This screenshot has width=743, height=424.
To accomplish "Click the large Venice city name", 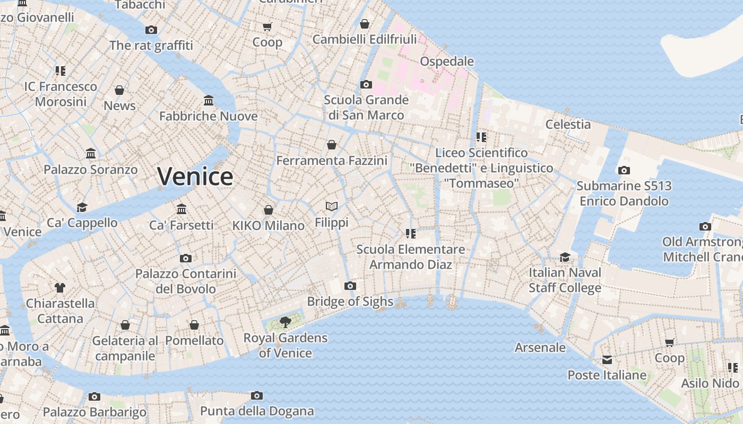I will [x=195, y=176].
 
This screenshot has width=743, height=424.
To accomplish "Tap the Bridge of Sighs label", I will [x=350, y=302].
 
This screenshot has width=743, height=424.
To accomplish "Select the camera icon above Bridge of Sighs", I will [x=350, y=286].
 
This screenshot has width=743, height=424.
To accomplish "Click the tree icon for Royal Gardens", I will [x=286, y=322].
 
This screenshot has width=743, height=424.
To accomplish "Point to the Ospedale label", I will [x=447, y=61].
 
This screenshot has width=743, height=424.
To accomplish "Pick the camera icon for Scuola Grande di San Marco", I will [x=366, y=85].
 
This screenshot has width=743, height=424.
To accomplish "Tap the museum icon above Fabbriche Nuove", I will [x=209, y=101].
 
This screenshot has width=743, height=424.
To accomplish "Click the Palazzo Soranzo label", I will [x=90, y=170].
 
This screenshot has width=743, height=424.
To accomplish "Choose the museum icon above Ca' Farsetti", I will [x=182, y=209].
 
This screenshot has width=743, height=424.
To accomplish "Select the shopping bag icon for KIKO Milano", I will [x=269, y=210].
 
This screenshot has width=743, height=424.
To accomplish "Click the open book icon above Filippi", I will [x=332, y=206].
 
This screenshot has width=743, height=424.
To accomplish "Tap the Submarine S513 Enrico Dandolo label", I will [x=624, y=193].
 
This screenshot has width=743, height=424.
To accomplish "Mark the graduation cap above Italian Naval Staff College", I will [x=565, y=258].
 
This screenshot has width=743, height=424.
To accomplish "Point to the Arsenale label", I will [x=540, y=348].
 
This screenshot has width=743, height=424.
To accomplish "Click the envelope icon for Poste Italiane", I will [x=607, y=360].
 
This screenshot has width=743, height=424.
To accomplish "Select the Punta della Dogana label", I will [x=257, y=411].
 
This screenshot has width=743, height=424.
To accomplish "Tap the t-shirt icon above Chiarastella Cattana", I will [x=60, y=288].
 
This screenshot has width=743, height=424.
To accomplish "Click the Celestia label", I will [x=568, y=125].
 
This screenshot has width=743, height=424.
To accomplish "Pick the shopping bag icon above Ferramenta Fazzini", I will [x=332, y=145].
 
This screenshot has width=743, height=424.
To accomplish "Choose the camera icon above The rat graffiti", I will [x=151, y=30].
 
